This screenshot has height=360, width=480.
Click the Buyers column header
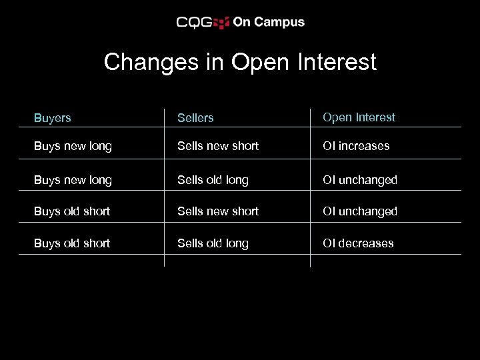click(x=52, y=118)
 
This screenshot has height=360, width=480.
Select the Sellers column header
click(x=195, y=118)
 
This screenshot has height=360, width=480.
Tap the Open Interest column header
click(x=359, y=117)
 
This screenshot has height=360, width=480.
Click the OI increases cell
click(x=356, y=146)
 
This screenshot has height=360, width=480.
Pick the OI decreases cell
click(x=358, y=243)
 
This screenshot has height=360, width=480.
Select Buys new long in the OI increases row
click(x=73, y=146)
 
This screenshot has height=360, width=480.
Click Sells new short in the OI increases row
click(x=217, y=146)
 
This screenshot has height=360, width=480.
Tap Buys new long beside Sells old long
click(x=73, y=180)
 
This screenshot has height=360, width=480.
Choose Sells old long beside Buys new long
click(x=213, y=180)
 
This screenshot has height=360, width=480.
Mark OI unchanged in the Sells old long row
click(x=359, y=180)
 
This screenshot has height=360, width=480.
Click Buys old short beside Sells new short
click(x=71, y=211)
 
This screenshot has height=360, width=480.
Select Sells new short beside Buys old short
click(x=217, y=211)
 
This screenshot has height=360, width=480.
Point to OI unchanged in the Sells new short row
click(x=359, y=211)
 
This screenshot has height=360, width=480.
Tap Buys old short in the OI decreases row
click(x=71, y=243)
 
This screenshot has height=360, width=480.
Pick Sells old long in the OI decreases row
click(x=213, y=243)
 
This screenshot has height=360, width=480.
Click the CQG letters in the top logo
click(x=194, y=23)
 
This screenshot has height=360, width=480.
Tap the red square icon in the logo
click(x=221, y=23)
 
